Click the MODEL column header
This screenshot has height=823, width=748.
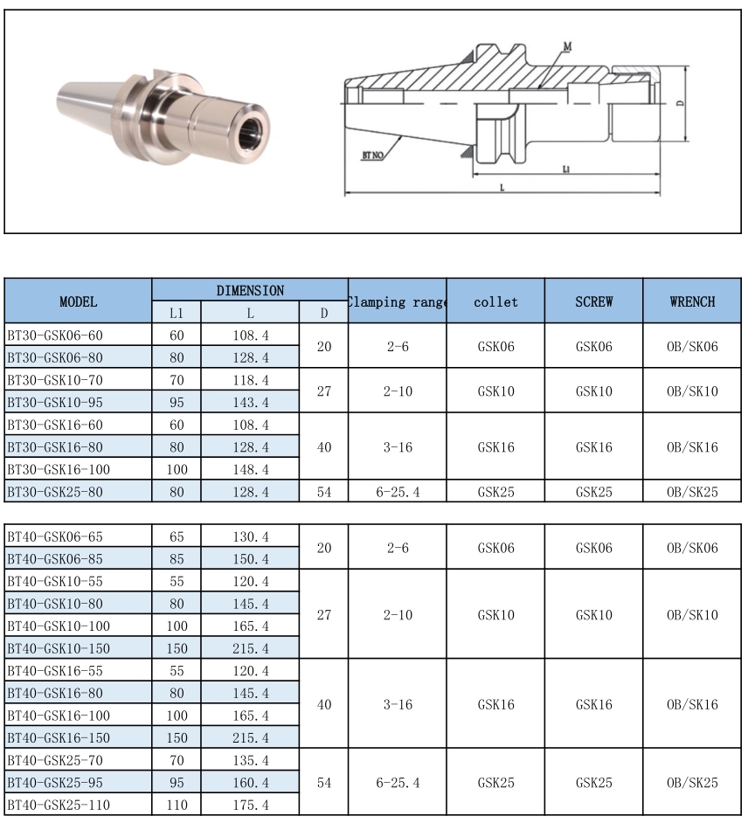click(x=78, y=301)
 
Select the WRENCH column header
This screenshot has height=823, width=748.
click(x=692, y=301)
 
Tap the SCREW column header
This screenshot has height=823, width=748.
click(x=593, y=301)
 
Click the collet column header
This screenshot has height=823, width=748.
click(x=495, y=301)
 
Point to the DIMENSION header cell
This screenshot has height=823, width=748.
click(x=250, y=290)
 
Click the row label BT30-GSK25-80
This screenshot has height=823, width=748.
click(x=55, y=492)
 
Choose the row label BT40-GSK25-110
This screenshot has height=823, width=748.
click(x=58, y=805)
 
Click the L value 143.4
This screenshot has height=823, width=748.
click(x=250, y=403)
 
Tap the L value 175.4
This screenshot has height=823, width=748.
click(x=250, y=805)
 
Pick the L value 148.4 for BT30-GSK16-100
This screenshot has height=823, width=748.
click(x=250, y=469)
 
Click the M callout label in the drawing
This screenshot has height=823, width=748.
click(x=567, y=45)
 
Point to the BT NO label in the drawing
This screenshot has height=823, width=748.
click(x=374, y=155)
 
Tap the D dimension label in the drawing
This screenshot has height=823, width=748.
click(x=679, y=103)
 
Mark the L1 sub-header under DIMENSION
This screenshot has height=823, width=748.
click(x=177, y=313)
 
